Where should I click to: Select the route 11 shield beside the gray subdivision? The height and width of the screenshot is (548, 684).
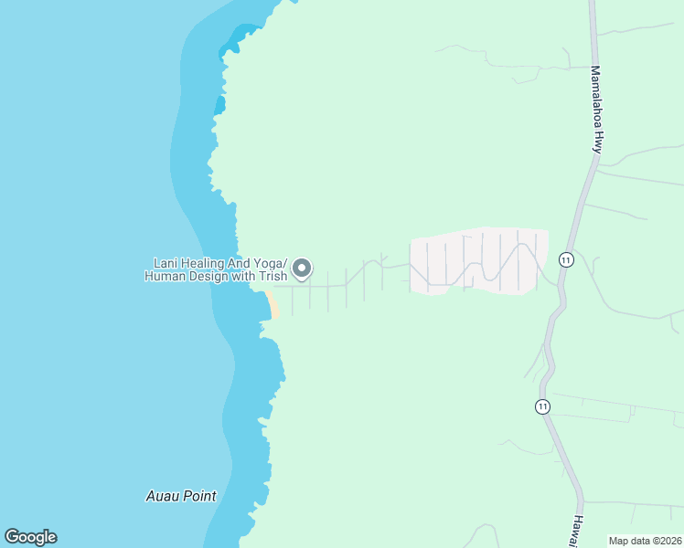567,259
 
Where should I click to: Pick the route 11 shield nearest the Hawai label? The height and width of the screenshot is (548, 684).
543,406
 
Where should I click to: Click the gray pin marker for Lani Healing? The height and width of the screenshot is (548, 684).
303,269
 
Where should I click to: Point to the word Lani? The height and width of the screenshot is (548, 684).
166,263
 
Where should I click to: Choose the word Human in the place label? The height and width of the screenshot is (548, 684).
165,276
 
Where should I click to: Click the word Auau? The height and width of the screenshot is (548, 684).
163,497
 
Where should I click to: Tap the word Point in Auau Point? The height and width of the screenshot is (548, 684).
199,497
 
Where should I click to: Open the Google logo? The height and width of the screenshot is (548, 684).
30,537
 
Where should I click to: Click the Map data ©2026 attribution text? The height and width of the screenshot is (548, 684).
645,541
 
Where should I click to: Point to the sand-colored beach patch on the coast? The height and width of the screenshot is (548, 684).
272,305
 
